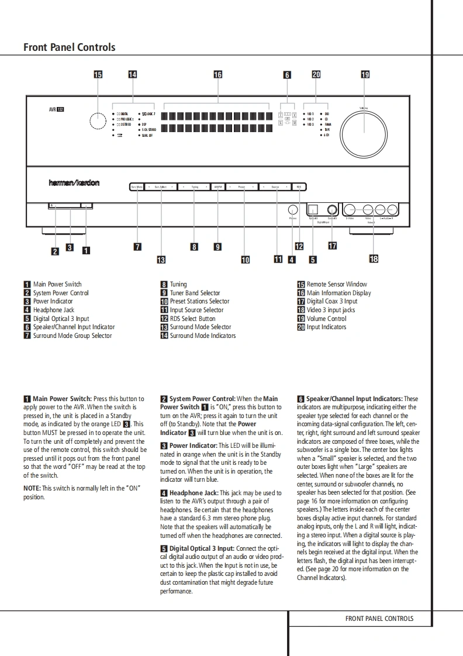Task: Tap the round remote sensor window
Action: (x=98, y=121)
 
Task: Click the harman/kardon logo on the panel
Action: (x=74, y=183)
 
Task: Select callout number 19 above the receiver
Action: (x=365, y=75)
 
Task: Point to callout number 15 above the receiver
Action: (x=98, y=75)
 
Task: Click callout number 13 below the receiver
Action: (x=161, y=260)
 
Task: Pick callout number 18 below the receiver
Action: (x=374, y=258)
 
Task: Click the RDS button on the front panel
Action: (x=298, y=187)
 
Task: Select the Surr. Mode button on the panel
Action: (x=137, y=187)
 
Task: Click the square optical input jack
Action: (x=313, y=209)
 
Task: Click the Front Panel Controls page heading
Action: (x=69, y=47)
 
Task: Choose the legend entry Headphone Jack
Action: (x=53, y=310)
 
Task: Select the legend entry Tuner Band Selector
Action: (x=195, y=293)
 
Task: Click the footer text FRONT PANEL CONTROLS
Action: (x=379, y=619)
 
